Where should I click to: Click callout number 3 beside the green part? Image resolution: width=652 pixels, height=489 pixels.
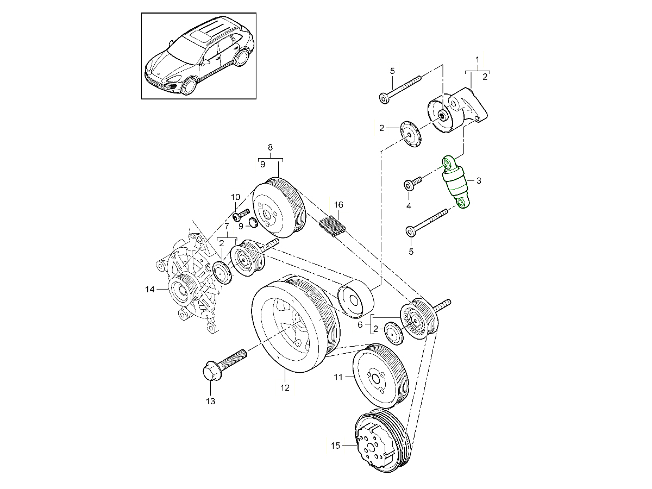pos(479,180)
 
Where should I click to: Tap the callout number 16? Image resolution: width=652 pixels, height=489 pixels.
pos(338,205)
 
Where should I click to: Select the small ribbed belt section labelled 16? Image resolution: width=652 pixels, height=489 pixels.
pos(333,225)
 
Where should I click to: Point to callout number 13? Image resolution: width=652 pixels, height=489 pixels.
pos(210,402)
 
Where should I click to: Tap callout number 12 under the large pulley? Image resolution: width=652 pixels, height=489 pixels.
pos(285,388)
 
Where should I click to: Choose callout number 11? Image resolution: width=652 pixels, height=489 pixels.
pos(338,376)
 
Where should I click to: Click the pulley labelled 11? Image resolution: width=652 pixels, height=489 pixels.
pos(379,375)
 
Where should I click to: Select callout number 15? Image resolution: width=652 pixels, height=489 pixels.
pos(335,446)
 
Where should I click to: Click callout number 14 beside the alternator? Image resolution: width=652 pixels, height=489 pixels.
pos(150,290)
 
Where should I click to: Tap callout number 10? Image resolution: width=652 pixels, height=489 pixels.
pos(235,197)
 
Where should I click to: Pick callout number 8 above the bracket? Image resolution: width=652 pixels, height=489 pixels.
pos(269,147)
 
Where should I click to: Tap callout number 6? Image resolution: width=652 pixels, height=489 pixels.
pos(360,324)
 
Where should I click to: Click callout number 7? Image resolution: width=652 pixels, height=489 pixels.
pos(226,226)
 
